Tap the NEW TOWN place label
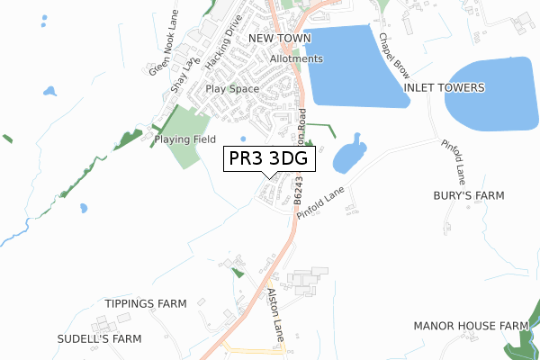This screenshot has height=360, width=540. click(x=279, y=39)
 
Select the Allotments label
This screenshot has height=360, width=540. click(x=295, y=59)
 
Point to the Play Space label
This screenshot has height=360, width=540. click(x=232, y=89)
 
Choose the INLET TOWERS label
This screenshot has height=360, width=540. click(x=445, y=87)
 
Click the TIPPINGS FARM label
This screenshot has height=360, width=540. click(x=145, y=303)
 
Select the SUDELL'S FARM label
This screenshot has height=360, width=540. click(x=100, y=339)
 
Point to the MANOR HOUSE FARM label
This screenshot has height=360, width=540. click(x=470, y=325)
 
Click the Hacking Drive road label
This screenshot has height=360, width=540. click(x=224, y=49)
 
